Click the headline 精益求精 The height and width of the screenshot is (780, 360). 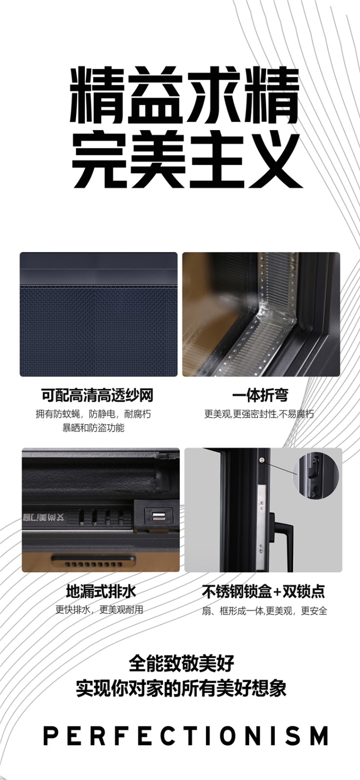tap(185, 95)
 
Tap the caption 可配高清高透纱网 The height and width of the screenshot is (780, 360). tap(97, 395)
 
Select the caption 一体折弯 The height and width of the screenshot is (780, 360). tap(260, 395)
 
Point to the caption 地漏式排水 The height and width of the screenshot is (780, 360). tap(100, 591)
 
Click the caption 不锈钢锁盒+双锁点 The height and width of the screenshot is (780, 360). tap(263, 591)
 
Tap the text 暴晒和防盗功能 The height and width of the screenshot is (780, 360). tap(93, 428)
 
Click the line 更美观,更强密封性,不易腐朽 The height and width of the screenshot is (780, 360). tap(259, 414)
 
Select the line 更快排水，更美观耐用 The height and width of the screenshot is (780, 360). tap(100, 609)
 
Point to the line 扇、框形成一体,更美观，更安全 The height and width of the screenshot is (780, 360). tap(264, 610)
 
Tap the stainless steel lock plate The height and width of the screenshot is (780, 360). tap(261, 522)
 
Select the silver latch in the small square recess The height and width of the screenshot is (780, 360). tap(159, 515)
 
